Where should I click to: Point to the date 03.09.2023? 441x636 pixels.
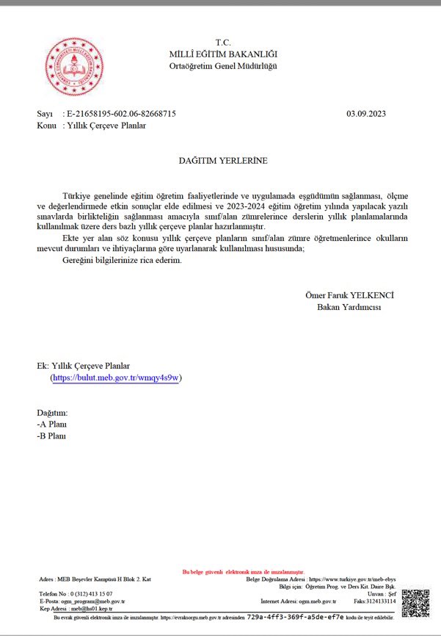click(x=365, y=114)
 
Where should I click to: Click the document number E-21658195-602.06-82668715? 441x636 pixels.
click(x=121, y=114)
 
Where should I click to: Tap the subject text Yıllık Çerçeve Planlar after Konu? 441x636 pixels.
click(x=106, y=126)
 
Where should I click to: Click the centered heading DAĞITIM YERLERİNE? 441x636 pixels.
click(x=223, y=159)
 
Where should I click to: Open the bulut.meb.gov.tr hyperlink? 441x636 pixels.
click(x=116, y=377)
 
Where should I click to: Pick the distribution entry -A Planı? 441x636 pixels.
click(x=52, y=424)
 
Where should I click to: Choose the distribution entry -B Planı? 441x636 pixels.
click(x=52, y=436)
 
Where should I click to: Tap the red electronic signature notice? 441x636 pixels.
click(x=243, y=571)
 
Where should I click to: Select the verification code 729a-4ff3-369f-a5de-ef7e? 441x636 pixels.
click(x=295, y=618)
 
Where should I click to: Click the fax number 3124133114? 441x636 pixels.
click(x=381, y=601)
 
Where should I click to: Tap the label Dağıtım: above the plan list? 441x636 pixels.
click(x=52, y=413)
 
